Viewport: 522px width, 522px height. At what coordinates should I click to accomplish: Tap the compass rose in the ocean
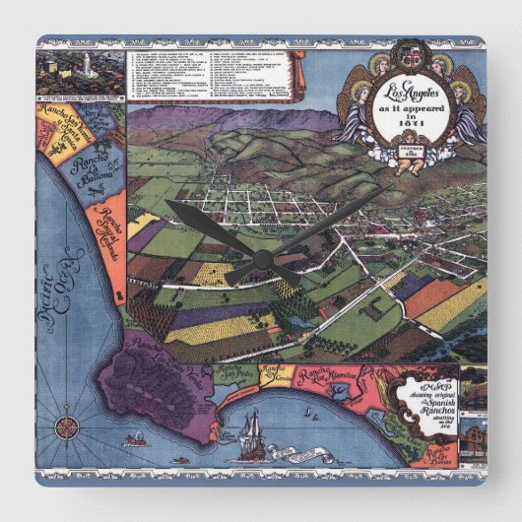pyautogui.click(x=68, y=426)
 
